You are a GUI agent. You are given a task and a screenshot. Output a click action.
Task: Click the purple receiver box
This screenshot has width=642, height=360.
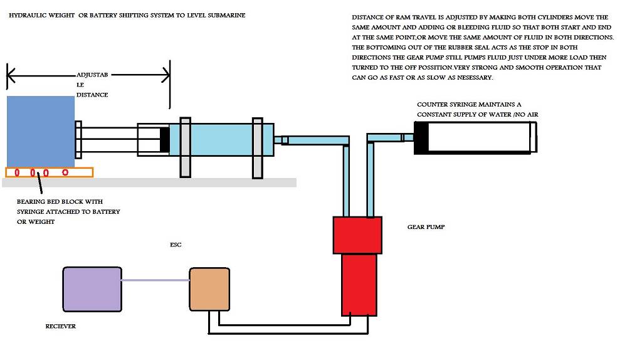click(x=92, y=289)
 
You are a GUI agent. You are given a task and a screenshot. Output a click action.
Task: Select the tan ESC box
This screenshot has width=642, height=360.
click(x=209, y=289)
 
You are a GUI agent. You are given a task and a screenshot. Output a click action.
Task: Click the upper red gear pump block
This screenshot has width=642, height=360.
click(x=357, y=235)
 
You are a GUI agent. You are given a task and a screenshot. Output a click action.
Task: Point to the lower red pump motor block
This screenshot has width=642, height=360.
click(x=359, y=284)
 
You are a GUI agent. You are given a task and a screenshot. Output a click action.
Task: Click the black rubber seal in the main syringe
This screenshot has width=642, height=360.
click(x=165, y=139)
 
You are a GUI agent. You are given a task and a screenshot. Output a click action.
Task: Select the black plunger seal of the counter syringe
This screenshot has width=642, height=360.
click(x=421, y=138)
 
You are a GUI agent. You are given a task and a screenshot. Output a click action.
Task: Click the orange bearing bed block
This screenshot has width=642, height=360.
click(x=49, y=172)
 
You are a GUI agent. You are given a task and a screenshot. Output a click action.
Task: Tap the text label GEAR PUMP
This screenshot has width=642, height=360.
click(x=426, y=227)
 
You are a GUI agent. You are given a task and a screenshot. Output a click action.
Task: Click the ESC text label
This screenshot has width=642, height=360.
click(x=176, y=245)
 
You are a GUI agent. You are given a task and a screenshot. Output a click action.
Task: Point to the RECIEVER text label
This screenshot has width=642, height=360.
click(x=61, y=327)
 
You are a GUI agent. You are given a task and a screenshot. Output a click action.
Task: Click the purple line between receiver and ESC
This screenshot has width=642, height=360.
click(x=155, y=280)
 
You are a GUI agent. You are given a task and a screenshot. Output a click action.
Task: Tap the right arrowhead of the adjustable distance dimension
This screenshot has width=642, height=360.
click(x=166, y=76)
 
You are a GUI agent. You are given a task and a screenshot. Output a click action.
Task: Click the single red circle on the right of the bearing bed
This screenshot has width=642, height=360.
click(x=66, y=172)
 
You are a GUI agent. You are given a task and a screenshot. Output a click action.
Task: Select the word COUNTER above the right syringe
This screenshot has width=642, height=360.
click(x=433, y=105)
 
